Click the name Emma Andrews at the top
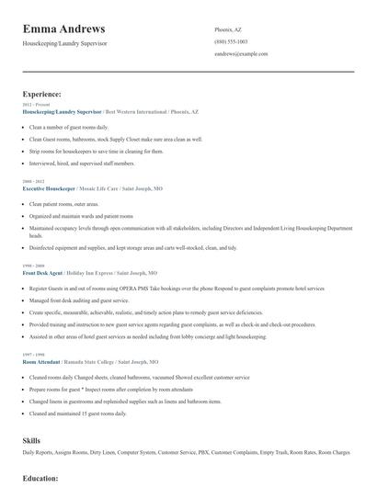click(x=63, y=29)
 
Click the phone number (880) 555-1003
click(x=231, y=41)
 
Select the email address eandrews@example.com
click(x=241, y=53)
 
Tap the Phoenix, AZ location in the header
click(x=229, y=29)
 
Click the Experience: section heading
click(x=42, y=94)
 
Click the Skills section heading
click(x=31, y=441)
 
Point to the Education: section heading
click(x=40, y=479)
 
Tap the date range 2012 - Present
click(x=33, y=105)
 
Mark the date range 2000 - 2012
click(x=32, y=181)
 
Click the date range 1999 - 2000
click(x=32, y=266)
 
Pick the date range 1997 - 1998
click(x=32, y=356)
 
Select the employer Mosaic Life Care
click(x=118, y=187)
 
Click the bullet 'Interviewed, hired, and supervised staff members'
click(x=82, y=163)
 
